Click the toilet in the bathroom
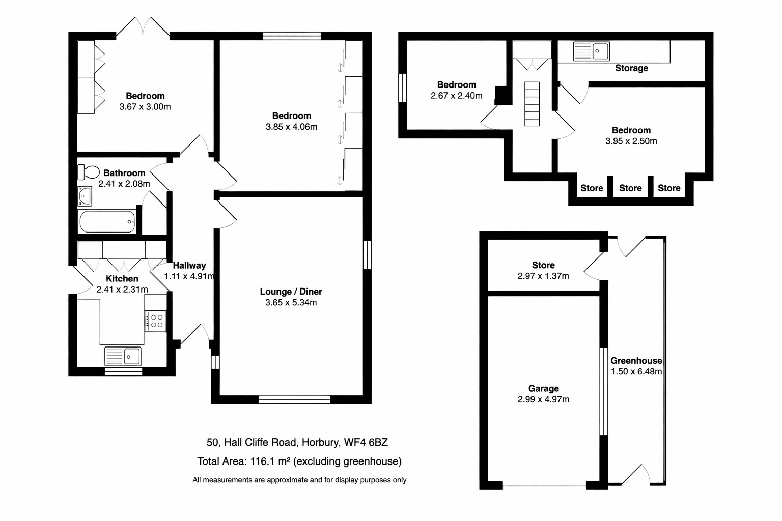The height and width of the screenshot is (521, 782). [89, 171]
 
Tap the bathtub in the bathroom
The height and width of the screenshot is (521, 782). [107, 222]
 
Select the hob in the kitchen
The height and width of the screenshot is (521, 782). [155, 321]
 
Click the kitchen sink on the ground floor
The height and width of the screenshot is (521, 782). [123, 356]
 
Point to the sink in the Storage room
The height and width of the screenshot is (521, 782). [592, 51]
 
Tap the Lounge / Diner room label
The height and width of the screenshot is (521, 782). [291, 292]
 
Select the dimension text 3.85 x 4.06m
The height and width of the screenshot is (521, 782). [291, 127]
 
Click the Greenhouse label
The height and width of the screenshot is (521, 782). [636, 361]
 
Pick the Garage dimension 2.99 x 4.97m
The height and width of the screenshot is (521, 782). [543, 399]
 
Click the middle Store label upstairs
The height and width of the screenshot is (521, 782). [630, 188]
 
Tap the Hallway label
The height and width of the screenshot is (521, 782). [189, 265]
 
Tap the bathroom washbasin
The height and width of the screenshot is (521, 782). [85, 196]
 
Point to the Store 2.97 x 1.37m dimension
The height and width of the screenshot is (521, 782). [543, 276]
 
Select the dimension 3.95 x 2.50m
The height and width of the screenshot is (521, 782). [631, 141]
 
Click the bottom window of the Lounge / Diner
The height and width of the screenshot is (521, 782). [294, 400]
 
